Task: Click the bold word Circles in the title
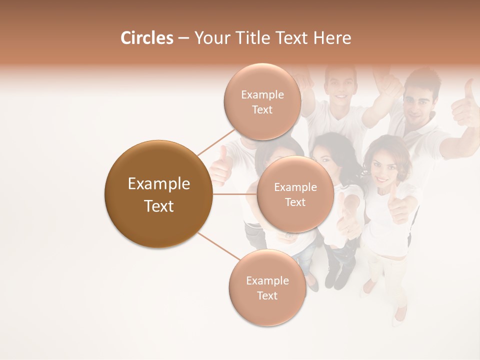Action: tap(147, 38)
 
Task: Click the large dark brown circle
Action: tap(158, 194)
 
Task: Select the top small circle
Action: tap(262, 101)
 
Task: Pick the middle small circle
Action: tap(295, 194)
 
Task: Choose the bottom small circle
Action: tap(267, 287)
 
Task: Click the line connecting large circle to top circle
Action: tap(216, 141)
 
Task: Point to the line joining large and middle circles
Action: tap(235, 194)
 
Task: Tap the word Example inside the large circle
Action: tap(158, 183)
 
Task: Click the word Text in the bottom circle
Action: tap(267, 295)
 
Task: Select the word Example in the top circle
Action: tap(262, 94)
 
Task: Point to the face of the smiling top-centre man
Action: tap(341, 85)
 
